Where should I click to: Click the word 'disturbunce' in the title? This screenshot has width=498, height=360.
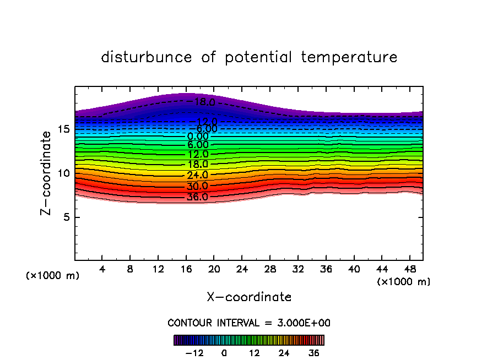147,57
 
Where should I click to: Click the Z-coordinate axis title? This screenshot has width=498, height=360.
48,173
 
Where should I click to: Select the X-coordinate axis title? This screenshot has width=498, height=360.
249,297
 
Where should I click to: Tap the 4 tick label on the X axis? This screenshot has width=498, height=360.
102,270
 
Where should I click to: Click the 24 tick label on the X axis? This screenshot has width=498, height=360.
242,270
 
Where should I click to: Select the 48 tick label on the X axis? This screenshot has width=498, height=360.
409,270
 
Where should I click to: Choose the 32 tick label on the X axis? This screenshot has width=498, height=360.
297,270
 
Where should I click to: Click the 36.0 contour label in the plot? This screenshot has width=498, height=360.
197,197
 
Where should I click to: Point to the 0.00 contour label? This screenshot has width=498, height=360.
198,137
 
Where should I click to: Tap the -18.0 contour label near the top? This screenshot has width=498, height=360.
201,102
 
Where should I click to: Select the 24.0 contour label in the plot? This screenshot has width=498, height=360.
197,175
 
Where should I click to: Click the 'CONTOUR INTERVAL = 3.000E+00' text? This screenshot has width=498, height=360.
249,323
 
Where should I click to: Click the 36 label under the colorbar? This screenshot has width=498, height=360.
314,353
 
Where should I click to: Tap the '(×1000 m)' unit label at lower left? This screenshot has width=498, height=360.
53,276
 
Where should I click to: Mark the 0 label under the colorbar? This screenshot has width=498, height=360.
224,353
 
